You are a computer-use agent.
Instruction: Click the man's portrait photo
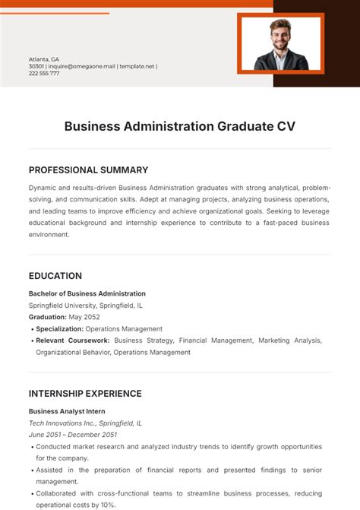[280, 43]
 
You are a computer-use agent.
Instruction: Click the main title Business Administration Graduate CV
[179, 126]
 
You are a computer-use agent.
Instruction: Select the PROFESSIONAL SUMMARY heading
[88, 170]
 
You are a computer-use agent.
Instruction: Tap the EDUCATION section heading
[55, 276]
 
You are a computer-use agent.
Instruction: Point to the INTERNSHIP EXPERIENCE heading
[85, 394]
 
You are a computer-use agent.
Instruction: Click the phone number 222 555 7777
[44, 73]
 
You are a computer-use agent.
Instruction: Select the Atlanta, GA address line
[44, 59]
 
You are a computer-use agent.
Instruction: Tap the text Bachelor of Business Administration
[87, 293]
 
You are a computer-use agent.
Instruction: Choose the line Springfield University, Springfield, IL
[85, 306]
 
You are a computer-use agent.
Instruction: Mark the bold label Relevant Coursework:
[73, 341]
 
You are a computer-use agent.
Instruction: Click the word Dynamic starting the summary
[43, 187]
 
